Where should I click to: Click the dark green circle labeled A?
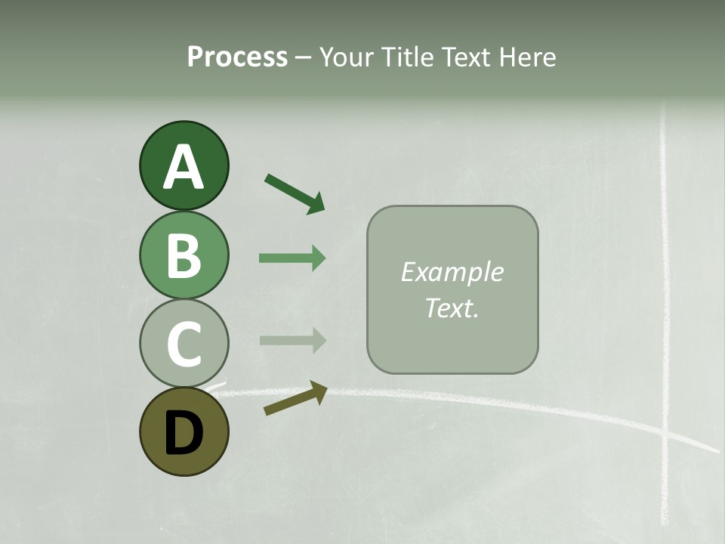[x=184, y=165]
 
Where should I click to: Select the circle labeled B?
[x=184, y=255]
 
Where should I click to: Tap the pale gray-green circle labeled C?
[x=184, y=343]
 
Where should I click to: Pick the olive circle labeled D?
[x=184, y=431]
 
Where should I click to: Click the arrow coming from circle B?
[x=292, y=258]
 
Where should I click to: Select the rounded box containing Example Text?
[x=452, y=289]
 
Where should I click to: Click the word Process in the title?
[x=237, y=57]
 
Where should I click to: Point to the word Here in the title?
[x=529, y=57]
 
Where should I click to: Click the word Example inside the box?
[x=452, y=272]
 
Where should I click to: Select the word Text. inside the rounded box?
[x=452, y=308]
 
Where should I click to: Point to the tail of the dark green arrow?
[x=268, y=178]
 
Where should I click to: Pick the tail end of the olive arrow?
[x=267, y=412]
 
